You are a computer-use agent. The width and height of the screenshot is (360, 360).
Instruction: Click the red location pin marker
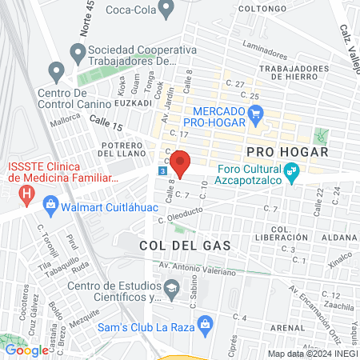[181, 163]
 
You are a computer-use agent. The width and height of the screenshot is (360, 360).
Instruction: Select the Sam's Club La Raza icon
[206, 323]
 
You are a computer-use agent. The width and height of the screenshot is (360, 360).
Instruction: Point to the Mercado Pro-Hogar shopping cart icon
[256, 114]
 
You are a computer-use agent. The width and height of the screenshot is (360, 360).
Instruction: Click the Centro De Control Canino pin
[57, 73]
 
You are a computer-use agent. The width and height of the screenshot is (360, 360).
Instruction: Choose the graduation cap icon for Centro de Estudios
[171, 286]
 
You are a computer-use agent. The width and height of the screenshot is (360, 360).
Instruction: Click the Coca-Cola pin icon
[166, 10]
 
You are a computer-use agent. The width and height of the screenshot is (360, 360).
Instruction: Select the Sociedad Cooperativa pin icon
[78, 54]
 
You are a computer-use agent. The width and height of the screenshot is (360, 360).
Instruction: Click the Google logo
[26, 350]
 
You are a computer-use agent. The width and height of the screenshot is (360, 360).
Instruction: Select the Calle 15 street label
[106, 122]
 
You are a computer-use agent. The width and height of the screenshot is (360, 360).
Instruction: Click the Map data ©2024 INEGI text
[311, 354]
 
